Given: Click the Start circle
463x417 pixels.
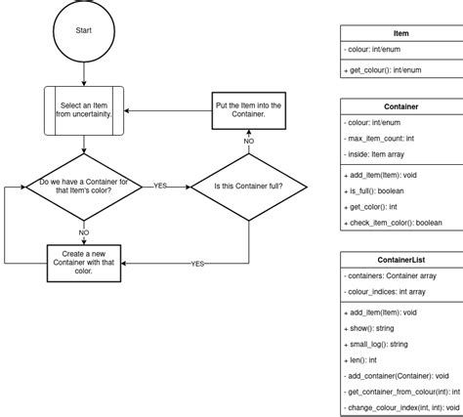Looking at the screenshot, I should (84, 30).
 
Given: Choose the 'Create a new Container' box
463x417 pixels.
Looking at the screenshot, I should (84, 264).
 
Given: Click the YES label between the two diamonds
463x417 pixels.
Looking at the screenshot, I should (159, 184).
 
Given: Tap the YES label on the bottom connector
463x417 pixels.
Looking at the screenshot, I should (197, 264).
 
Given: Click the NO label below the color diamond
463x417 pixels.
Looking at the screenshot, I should (84, 232).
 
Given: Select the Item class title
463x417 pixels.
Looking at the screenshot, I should (400, 33).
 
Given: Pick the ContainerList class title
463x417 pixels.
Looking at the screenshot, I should (400, 261).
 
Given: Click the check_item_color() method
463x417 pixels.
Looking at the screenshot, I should (394, 224).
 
